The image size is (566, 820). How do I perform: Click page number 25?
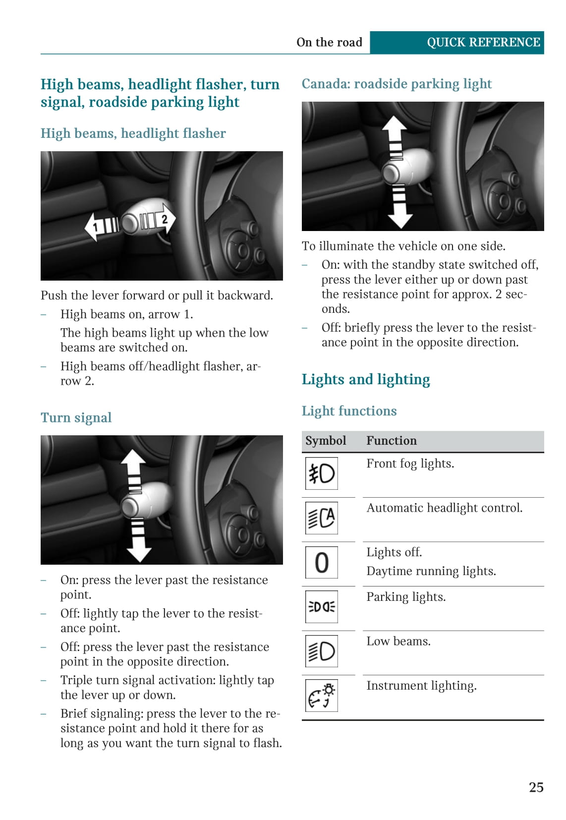coord(536,787)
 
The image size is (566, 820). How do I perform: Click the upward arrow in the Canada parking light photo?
coord(395,136)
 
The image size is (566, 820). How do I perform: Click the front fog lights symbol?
coord(321,473)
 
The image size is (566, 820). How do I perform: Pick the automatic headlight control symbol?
coord(321,518)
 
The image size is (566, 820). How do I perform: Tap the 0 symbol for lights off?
coord(321,562)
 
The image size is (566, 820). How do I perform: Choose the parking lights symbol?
coord(321,606)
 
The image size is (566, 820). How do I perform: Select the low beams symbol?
coord(321,651)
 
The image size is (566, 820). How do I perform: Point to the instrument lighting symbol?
coord(321,695)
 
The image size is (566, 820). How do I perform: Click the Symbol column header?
coord(326,441)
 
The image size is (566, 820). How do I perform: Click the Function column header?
coord(391,441)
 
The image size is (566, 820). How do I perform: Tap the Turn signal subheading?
coord(76,417)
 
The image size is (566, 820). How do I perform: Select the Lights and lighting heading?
coord(365,379)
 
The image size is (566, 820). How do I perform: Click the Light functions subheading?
coord(349,411)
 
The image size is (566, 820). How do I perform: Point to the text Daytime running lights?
coord(431,571)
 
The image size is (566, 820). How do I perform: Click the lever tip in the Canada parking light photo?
coord(391,174)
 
